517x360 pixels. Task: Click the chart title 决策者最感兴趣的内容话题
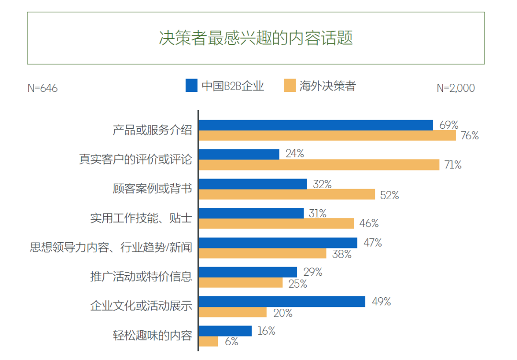(256, 38)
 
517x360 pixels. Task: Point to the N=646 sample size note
(43, 88)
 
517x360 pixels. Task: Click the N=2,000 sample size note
(456, 88)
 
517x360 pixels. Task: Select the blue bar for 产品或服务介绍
(316, 125)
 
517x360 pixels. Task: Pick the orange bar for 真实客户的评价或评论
(319, 165)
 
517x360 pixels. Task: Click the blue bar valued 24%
(239, 154)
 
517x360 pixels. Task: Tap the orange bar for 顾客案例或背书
(287, 194)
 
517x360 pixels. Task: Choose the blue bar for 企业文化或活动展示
(282, 302)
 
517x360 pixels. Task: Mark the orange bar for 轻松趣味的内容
(208, 341)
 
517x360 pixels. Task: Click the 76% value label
(470, 135)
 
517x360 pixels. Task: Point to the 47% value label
(372, 243)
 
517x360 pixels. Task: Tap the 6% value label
(231, 342)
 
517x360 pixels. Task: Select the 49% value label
(381, 302)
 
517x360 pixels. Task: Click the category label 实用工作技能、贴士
(141, 218)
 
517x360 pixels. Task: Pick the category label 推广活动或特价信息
(141, 277)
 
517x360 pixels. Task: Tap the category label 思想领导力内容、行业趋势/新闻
(111, 247)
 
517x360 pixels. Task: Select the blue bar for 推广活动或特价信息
(248, 272)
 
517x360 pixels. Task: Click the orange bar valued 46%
(276, 224)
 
